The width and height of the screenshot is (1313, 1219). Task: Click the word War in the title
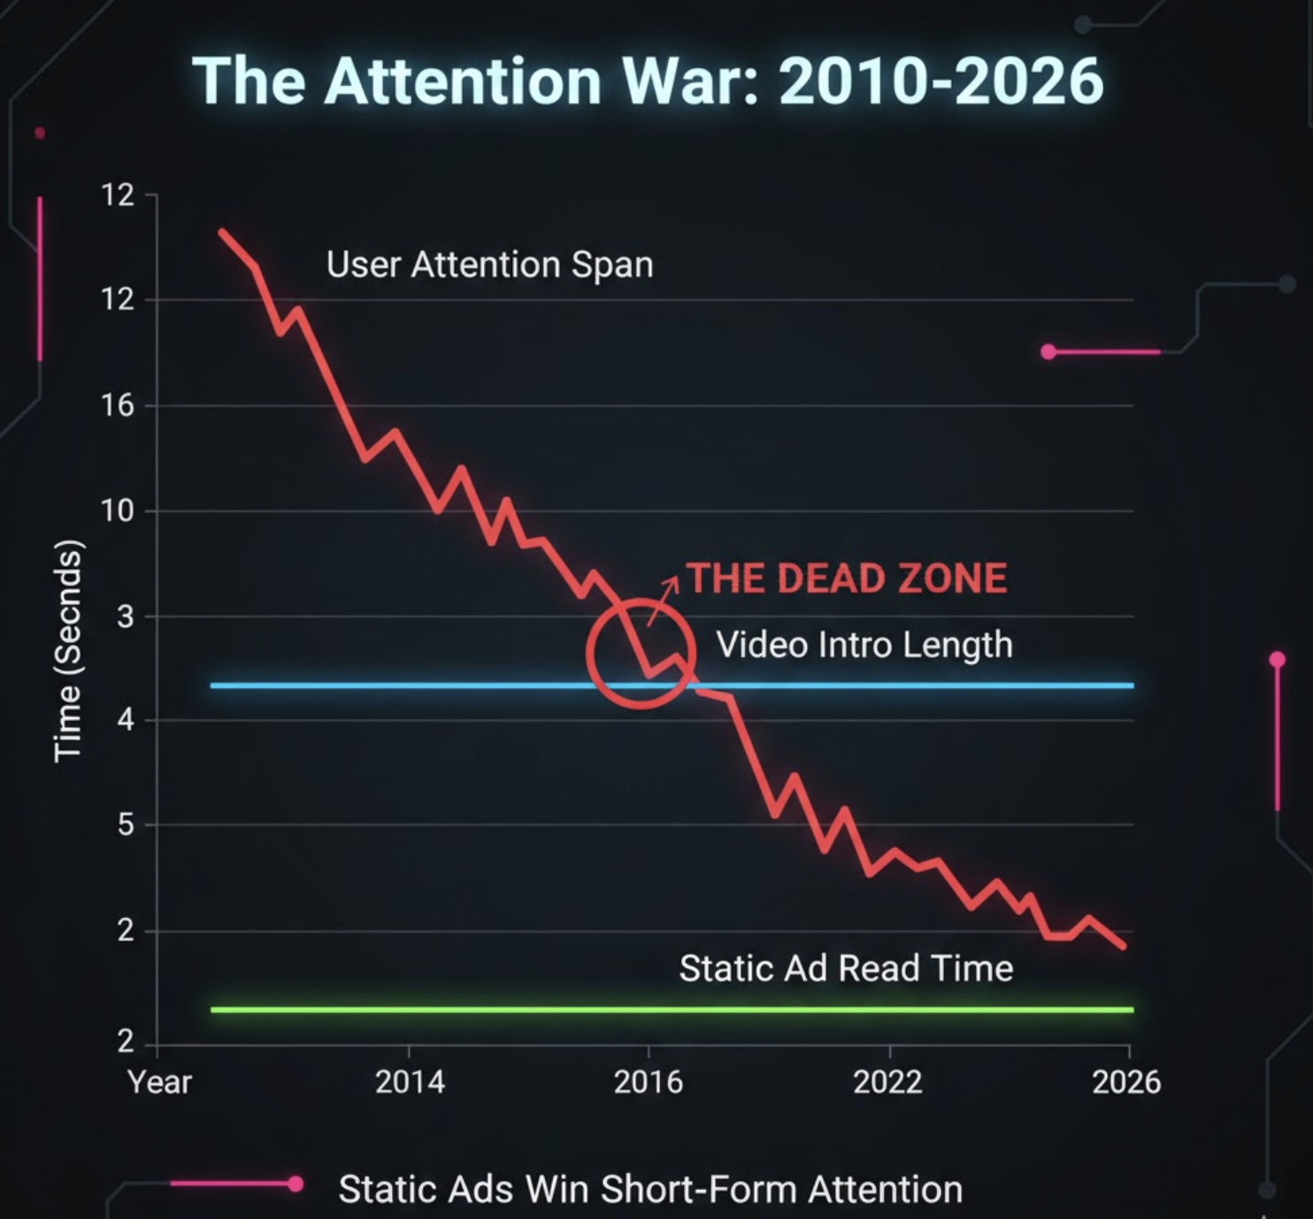(x=690, y=81)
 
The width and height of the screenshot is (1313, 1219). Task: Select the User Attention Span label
(x=489, y=264)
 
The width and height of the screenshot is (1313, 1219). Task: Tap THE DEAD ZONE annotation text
(x=847, y=579)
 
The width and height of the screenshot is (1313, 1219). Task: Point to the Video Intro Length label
(x=864, y=645)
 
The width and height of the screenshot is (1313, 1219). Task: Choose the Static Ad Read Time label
(x=846, y=969)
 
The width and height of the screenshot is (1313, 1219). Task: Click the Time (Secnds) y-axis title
(x=68, y=650)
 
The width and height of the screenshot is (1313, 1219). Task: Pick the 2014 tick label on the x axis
(x=410, y=1082)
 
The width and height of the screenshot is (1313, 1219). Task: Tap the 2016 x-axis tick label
(x=649, y=1082)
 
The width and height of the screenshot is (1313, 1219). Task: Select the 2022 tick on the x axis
(x=887, y=1082)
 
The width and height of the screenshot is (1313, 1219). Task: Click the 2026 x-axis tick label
(x=1126, y=1082)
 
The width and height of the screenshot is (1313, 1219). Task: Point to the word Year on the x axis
(x=159, y=1082)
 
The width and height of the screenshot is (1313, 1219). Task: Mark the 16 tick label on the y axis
(x=117, y=406)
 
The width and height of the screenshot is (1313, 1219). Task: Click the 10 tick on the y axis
(x=117, y=511)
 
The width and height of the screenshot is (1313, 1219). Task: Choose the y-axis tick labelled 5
(x=126, y=825)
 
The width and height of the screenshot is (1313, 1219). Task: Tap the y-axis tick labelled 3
(x=126, y=617)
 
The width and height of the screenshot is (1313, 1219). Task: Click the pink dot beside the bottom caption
(x=296, y=1184)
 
